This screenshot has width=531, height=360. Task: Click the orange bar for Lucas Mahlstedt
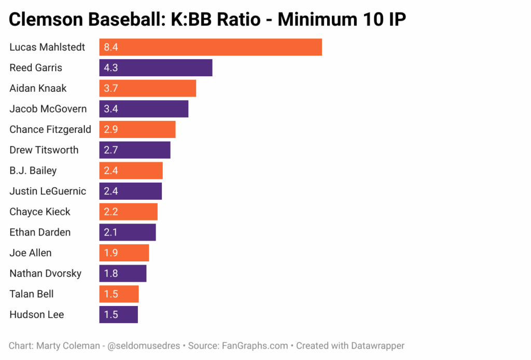click(x=211, y=47)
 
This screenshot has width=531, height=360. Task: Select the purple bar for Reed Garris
click(x=156, y=68)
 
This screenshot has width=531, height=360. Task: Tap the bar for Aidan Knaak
click(x=148, y=88)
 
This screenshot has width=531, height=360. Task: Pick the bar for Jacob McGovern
click(x=144, y=109)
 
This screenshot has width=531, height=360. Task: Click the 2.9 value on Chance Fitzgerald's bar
click(x=111, y=130)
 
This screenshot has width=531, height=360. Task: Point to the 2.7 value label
click(x=111, y=150)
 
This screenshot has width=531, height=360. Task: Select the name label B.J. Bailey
click(x=33, y=171)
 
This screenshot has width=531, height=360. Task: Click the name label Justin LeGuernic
click(x=48, y=191)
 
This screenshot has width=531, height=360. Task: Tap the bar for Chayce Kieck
click(x=128, y=212)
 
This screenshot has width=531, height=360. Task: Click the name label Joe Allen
click(x=31, y=253)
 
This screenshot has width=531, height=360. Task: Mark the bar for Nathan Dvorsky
click(x=123, y=273)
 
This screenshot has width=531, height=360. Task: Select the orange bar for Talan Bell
click(x=119, y=294)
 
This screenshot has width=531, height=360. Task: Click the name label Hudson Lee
click(x=37, y=315)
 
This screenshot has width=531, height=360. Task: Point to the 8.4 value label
click(x=111, y=47)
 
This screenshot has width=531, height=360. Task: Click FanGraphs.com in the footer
click(x=255, y=345)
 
